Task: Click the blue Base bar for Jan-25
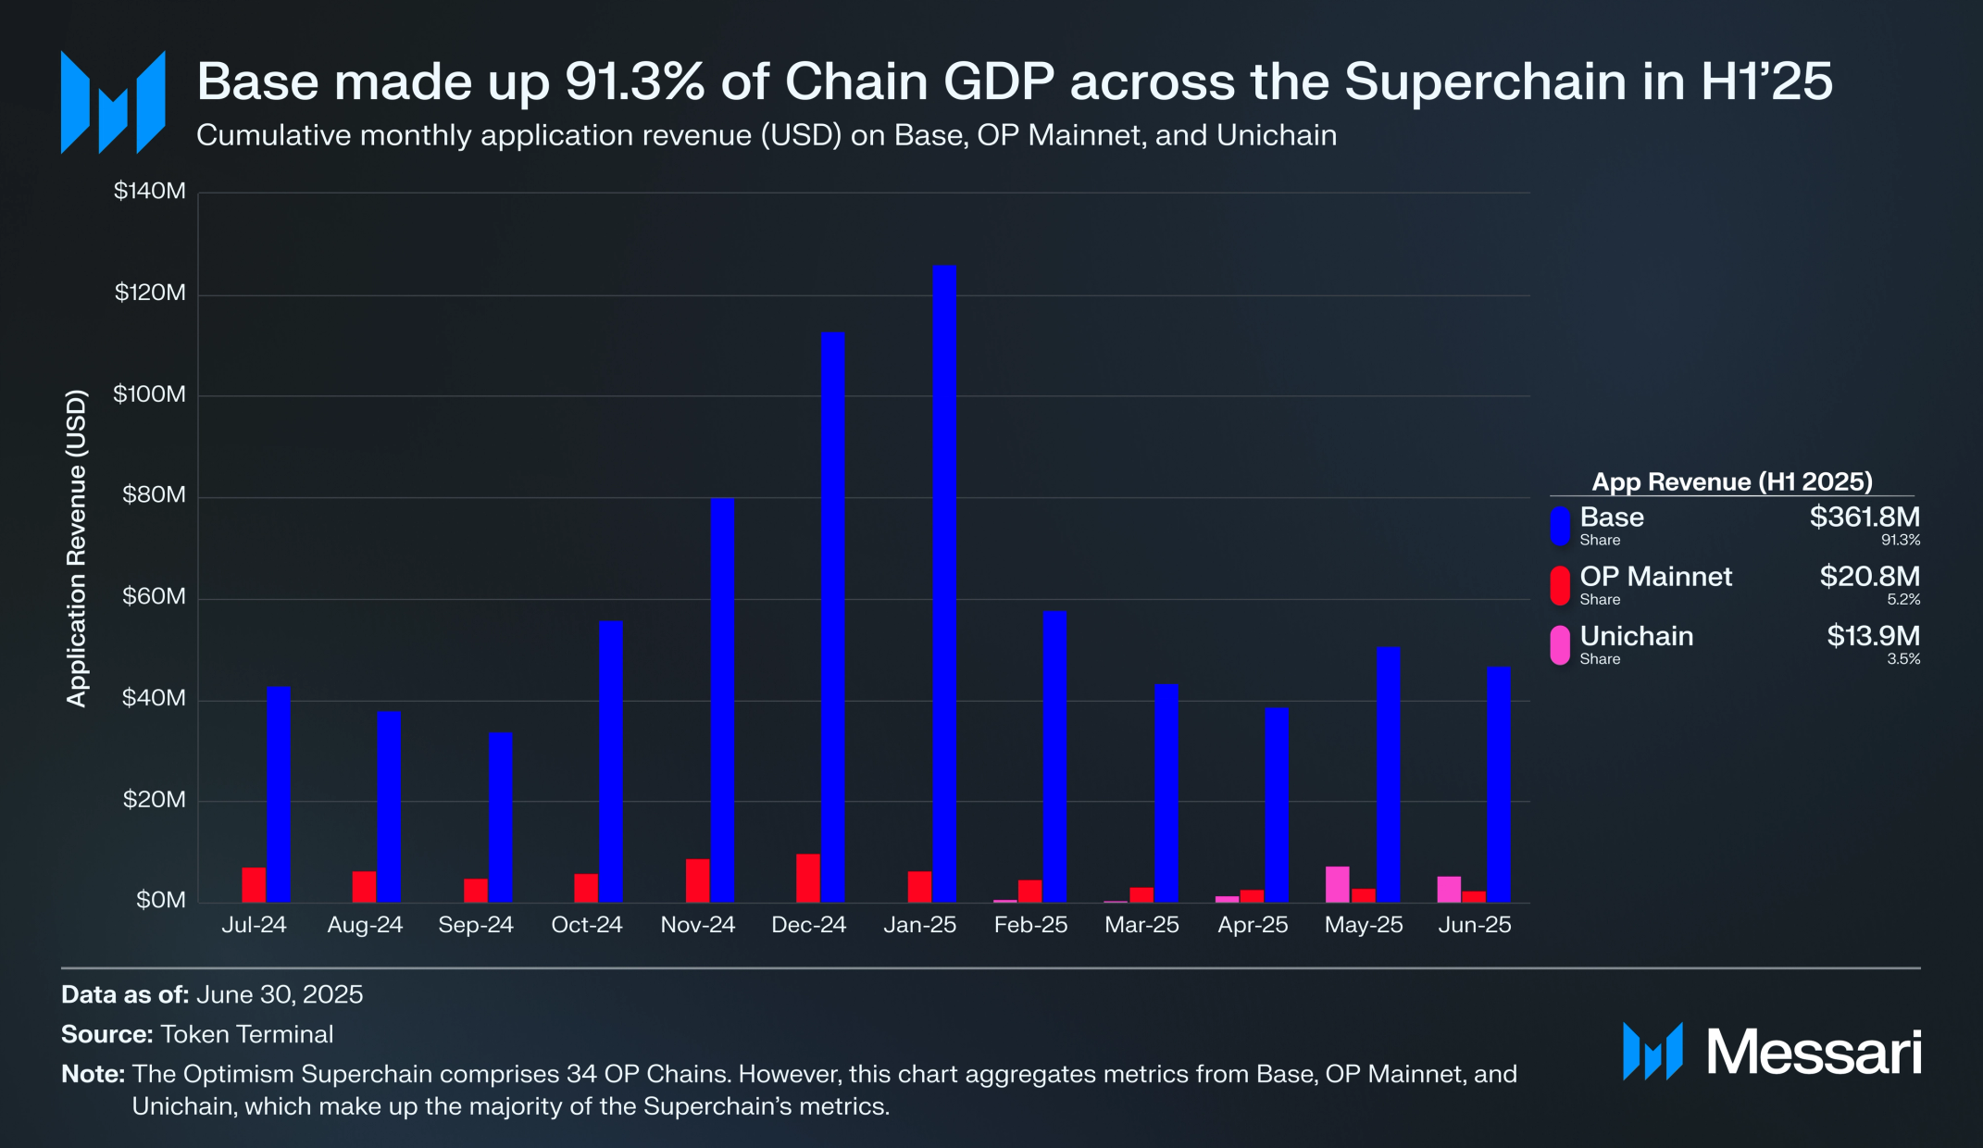pyautogui.click(x=944, y=583)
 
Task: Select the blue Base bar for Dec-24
pyautogui.click(x=833, y=617)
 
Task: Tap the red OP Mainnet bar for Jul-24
pyautogui.click(x=254, y=884)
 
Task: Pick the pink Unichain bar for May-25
pyautogui.click(x=1337, y=884)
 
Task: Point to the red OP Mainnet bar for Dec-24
pyautogui.click(x=808, y=878)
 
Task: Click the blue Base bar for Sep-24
pyautogui.click(x=501, y=817)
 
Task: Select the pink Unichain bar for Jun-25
pyautogui.click(x=1449, y=889)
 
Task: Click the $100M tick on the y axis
pyautogui.click(x=149, y=394)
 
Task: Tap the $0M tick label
pyautogui.click(x=160, y=900)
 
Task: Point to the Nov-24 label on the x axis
pyautogui.click(x=697, y=925)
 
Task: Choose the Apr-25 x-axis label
pyautogui.click(x=1253, y=925)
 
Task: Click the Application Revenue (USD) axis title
pyautogui.click(x=76, y=548)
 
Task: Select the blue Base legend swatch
pyautogui.click(x=1560, y=526)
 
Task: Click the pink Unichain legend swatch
pyautogui.click(x=1560, y=644)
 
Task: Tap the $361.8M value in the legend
pyautogui.click(x=1865, y=517)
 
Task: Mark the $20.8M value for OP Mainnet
pyautogui.click(x=1869, y=576)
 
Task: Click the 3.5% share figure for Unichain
pyautogui.click(x=1903, y=659)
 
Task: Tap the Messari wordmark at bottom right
pyautogui.click(x=1813, y=1053)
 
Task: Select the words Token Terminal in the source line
pyautogui.click(x=246, y=1034)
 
